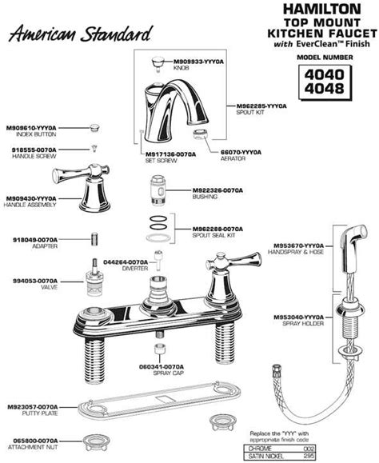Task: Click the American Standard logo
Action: click(x=78, y=33)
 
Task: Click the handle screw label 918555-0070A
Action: click(x=32, y=149)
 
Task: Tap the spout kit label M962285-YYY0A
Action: click(x=262, y=106)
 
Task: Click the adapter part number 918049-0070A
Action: click(x=32, y=237)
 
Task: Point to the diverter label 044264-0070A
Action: click(x=127, y=261)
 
